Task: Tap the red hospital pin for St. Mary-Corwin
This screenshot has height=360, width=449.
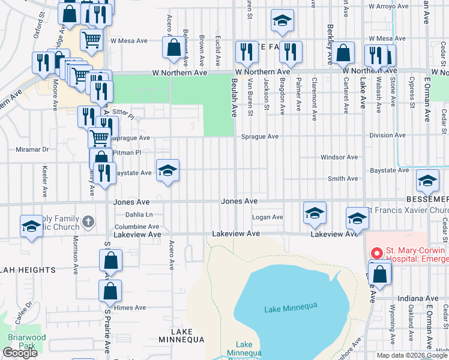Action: tap(376, 254)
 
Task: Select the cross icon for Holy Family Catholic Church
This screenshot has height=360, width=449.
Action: tap(88, 222)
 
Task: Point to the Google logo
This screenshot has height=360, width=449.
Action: tap(20, 353)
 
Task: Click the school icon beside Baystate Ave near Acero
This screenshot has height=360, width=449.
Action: tap(168, 170)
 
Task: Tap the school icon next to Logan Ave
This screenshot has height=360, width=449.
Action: tap(315, 213)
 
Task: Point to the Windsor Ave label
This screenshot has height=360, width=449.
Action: tap(339, 157)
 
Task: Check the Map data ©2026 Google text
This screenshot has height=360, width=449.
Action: tap(411, 355)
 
